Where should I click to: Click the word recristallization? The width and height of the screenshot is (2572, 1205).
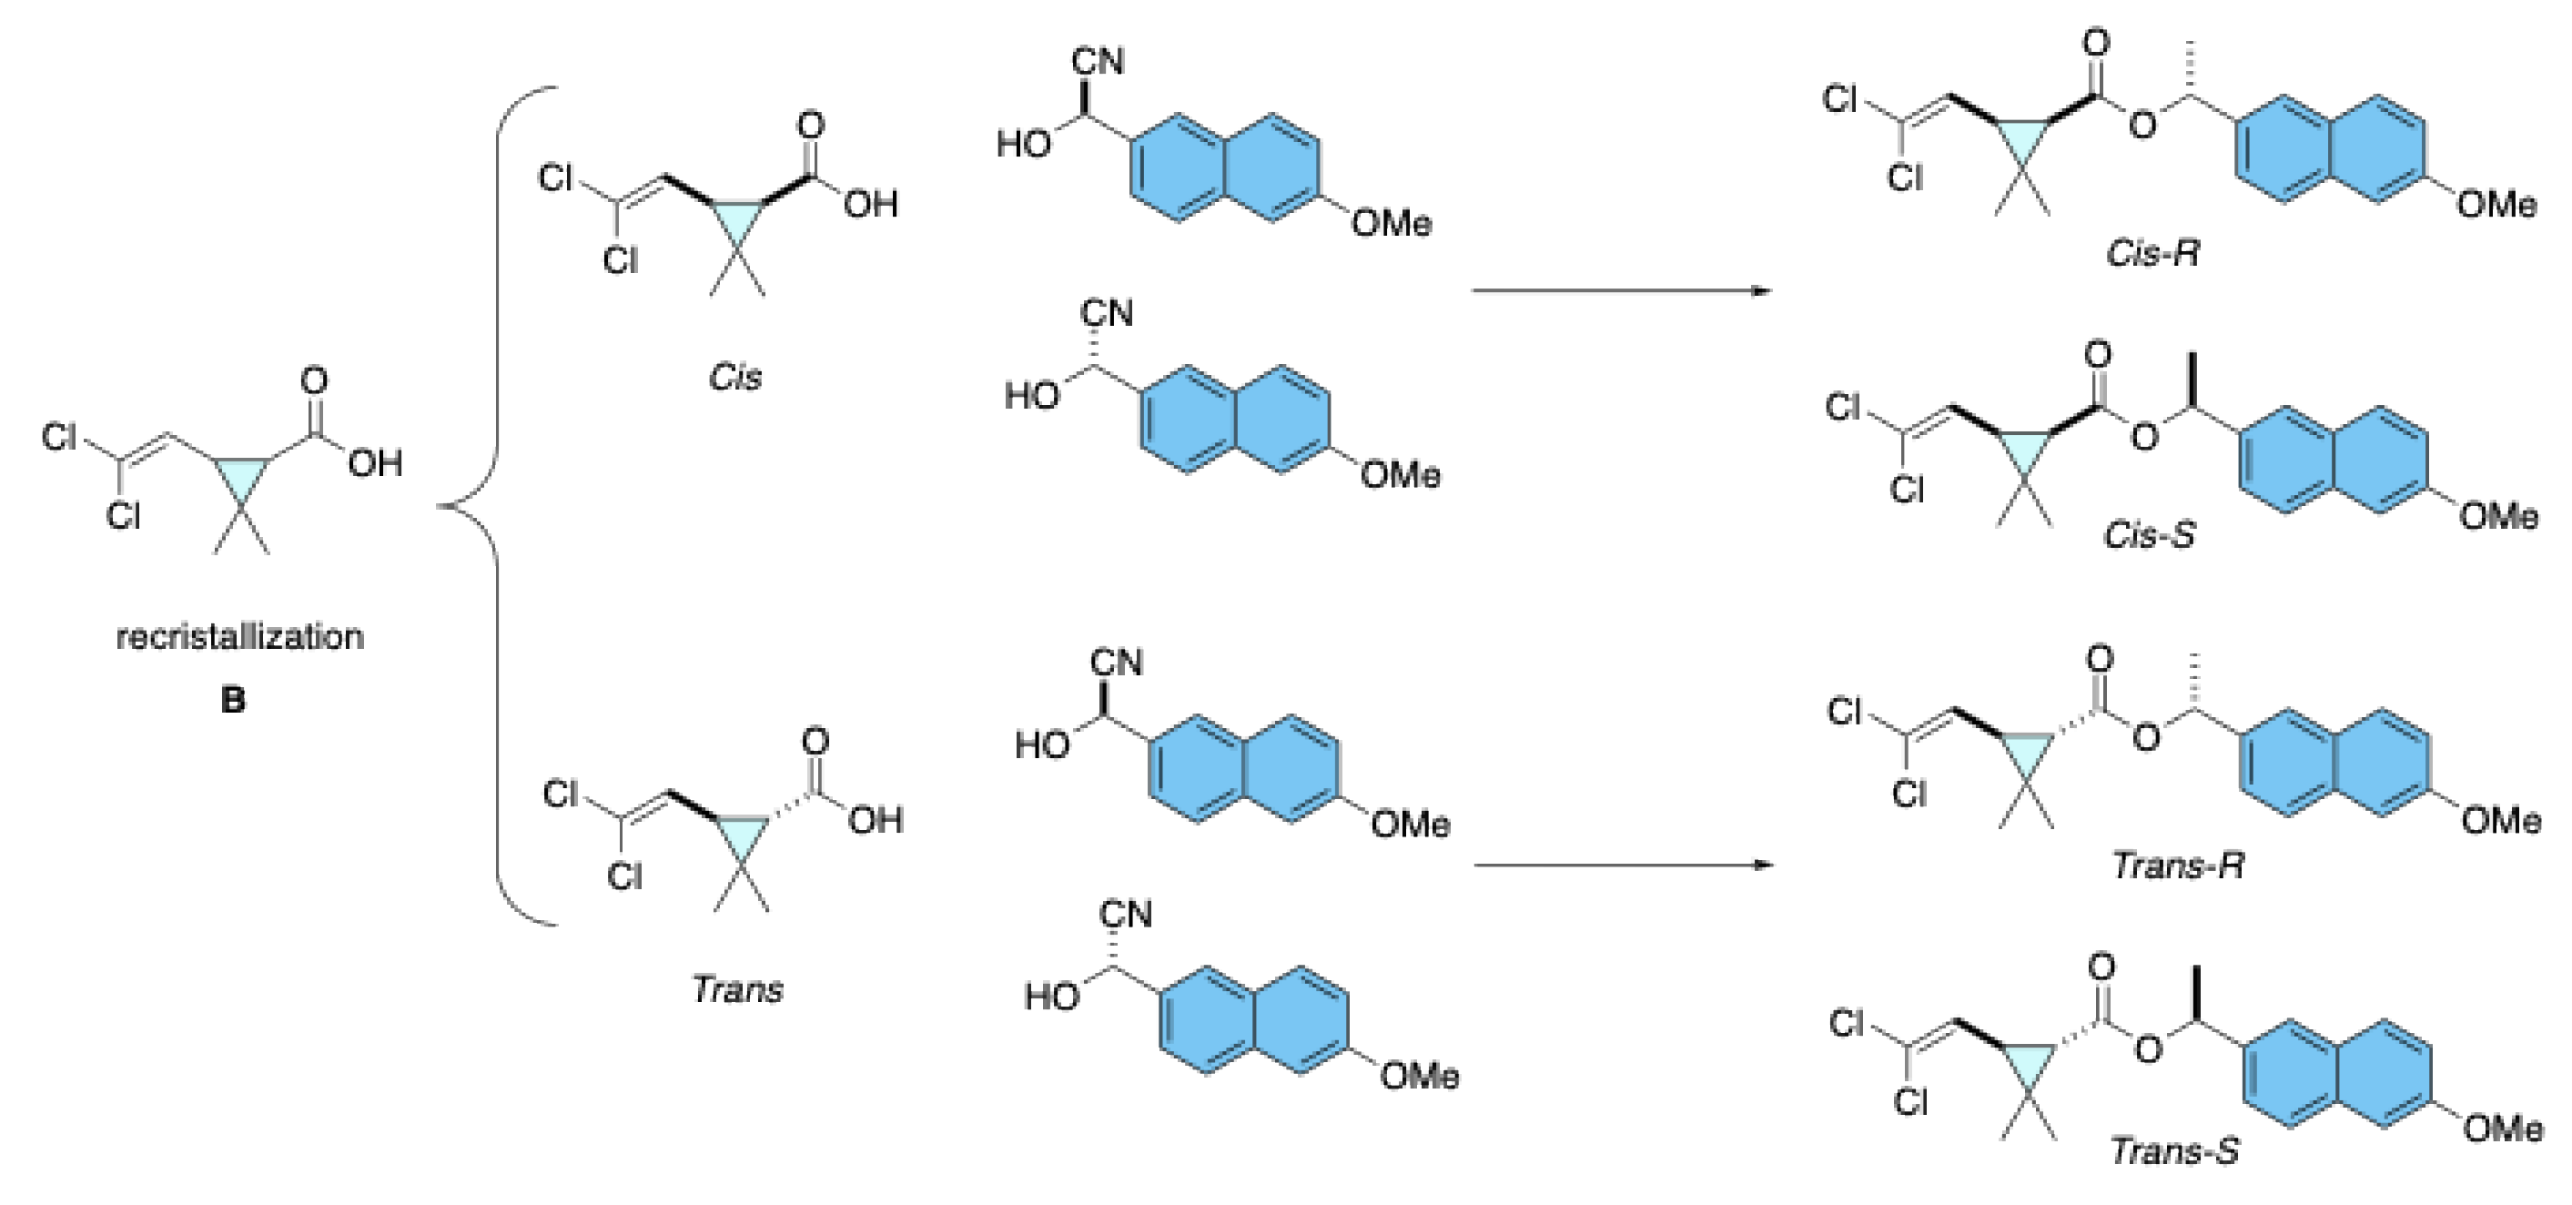click(x=239, y=636)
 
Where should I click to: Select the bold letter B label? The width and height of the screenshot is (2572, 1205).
click(x=233, y=700)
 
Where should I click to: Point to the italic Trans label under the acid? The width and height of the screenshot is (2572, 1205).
click(x=738, y=989)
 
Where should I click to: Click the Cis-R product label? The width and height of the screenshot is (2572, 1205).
click(x=2152, y=254)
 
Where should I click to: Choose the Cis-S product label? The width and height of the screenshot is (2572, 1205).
click(x=2150, y=535)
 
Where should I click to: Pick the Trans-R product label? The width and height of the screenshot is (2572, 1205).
click(x=2179, y=866)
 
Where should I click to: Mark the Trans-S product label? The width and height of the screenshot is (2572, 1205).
click(x=2175, y=1151)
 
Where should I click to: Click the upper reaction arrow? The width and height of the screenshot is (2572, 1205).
click(x=1622, y=290)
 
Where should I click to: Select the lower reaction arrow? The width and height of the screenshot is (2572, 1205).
click(x=1624, y=865)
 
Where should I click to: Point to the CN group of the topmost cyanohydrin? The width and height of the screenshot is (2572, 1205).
click(x=1099, y=62)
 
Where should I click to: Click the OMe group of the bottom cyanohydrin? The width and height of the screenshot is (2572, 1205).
click(x=1420, y=1076)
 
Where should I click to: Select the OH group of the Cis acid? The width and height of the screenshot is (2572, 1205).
click(x=871, y=205)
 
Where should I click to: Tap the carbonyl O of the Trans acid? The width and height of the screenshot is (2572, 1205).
click(x=815, y=741)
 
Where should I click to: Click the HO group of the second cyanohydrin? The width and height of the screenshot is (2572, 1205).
click(x=1031, y=395)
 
